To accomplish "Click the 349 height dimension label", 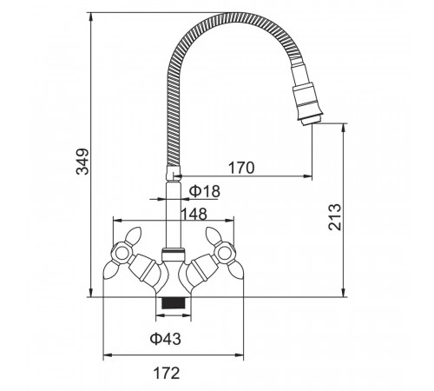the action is (x=82, y=162).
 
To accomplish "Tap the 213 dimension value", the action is (x=335, y=217).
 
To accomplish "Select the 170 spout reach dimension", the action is (x=241, y=168).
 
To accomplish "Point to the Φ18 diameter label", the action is (x=205, y=191).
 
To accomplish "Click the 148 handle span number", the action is (x=194, y=214).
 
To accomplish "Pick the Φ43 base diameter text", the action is (x=166, y=339).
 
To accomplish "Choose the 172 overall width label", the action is (x=167, y=373).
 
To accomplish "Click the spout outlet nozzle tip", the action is (x=312, y=120).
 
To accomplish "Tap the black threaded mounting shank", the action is (x=174, y=303).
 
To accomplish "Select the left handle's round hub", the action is (x=121, y=254).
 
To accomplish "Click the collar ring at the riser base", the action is (x=173, y=255).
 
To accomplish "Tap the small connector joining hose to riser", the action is (x=173, y=173).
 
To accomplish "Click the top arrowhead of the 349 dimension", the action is (x=91, y=17).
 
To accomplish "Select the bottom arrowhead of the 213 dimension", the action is (x=344, y=293).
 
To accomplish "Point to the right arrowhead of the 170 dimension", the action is (x=308, y=176).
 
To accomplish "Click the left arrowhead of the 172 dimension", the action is (x=108, y=355).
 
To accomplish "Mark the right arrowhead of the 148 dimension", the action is (x=229, y=221).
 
